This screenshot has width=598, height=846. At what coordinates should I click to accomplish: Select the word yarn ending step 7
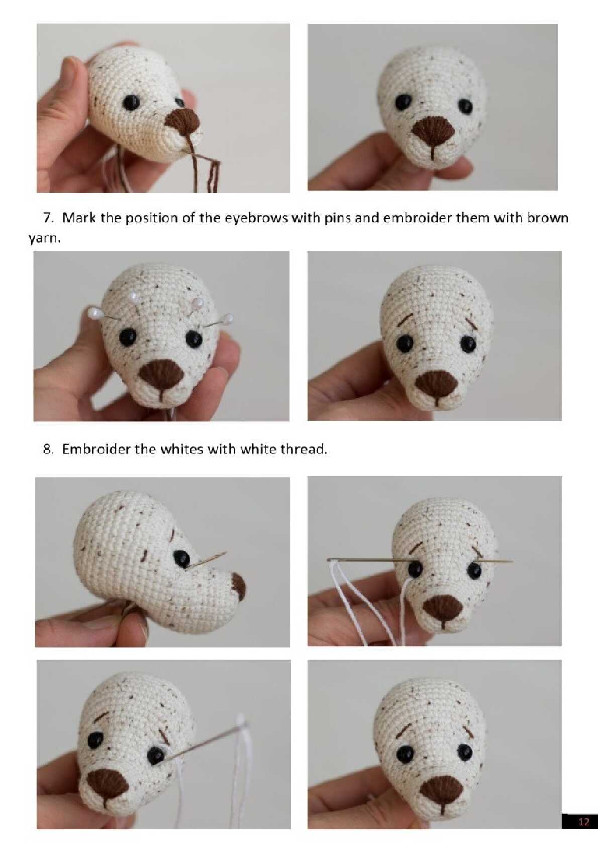coord(44,239)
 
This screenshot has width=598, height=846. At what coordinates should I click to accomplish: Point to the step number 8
coord(48,449)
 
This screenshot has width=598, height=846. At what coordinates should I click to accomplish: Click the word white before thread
coord(257,449)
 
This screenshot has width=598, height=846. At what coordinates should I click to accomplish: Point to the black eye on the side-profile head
coord(182,558)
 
